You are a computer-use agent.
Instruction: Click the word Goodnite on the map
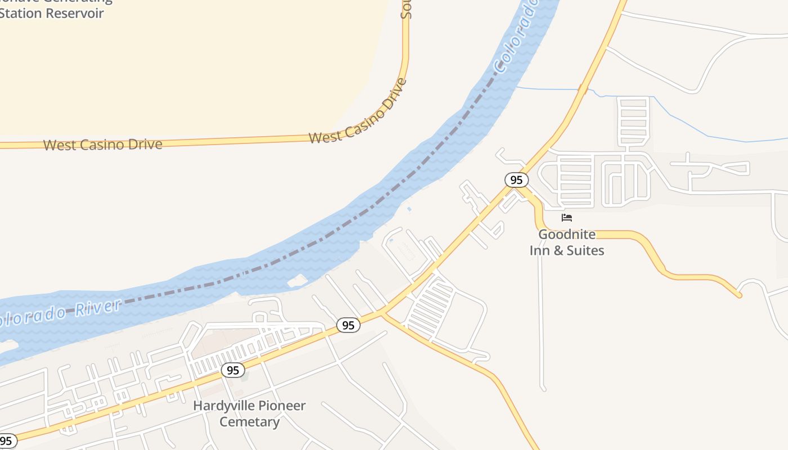pos(567,234)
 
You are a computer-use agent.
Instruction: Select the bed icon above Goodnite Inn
pos(567,217)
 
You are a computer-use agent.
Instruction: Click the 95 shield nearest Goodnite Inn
pos(516,180)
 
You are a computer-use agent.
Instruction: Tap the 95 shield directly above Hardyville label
pos(233,370)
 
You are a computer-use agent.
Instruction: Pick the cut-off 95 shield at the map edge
pos(7,441)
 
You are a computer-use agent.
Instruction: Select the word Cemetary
pos(249,422)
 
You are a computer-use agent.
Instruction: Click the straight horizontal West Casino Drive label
pos(102,145)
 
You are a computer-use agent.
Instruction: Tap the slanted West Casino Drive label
pos(357,112)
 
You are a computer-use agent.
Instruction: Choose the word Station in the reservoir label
pos(22,13)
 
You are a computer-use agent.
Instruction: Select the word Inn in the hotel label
pos(540,250)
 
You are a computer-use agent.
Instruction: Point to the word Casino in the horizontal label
pos(100,145)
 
